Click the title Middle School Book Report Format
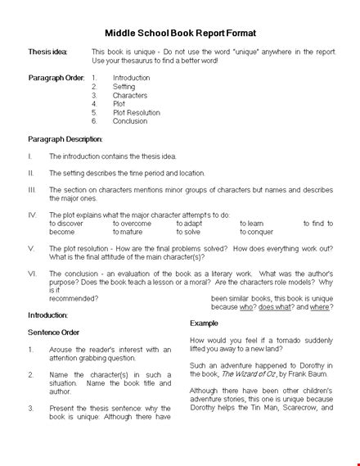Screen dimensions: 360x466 (x=179, y=33)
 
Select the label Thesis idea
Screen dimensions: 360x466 (x=48, y=51)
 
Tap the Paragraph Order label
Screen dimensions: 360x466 (x=56, y=78)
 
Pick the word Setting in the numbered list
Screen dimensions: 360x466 (x=124, y=86)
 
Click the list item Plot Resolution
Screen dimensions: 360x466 (x=137, y=112)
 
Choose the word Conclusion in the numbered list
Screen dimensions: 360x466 (x=130, y=121)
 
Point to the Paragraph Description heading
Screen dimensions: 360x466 (x=65, y=138)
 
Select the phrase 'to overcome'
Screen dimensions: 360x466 (x=132, y=223)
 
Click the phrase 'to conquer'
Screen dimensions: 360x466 (x=257, y=232)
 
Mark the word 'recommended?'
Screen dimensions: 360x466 (x=74, y=298)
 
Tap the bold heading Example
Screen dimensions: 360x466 (x=204, y=324)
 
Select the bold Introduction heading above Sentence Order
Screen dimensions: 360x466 (x=48, y=314)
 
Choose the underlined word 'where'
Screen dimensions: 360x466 (x=320, y=307)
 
